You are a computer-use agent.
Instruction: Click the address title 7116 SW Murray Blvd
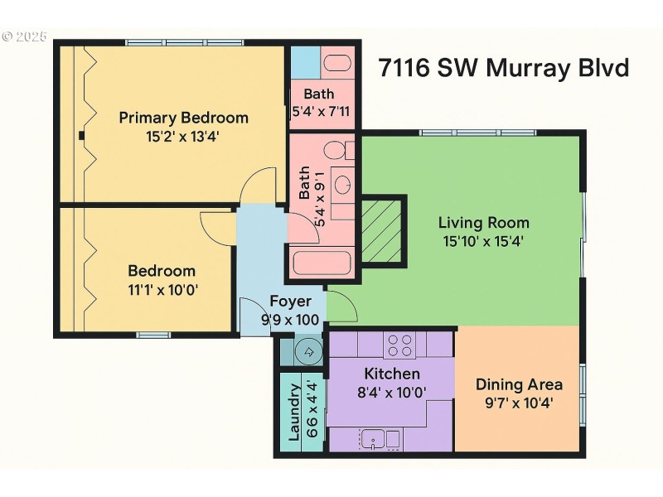503,67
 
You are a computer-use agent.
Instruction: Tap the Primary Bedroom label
183,117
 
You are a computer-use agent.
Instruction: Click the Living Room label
483,223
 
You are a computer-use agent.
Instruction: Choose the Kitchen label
391,374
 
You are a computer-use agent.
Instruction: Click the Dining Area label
519,384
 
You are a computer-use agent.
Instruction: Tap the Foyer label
290,302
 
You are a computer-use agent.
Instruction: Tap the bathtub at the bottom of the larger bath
322,263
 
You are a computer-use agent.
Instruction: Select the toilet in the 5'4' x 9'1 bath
335,152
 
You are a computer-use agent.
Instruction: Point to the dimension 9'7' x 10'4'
519,403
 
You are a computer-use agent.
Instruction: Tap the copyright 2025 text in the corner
25,37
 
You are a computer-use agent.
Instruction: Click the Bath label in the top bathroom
319,94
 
